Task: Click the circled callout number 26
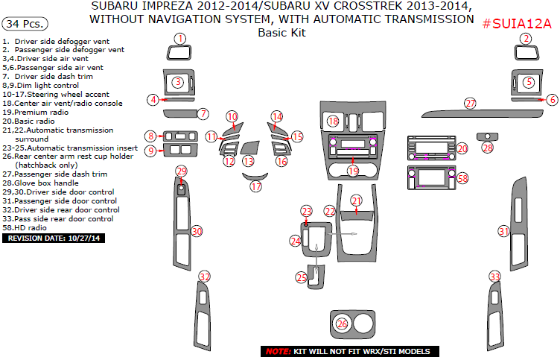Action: coord(342,323)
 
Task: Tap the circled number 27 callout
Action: coord(470,103)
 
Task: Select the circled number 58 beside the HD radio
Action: coord(462,179)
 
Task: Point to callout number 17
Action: coord(256,187)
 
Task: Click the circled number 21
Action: coord(357,200)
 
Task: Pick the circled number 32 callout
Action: coord(203,277)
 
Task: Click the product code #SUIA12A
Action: coord(517,23)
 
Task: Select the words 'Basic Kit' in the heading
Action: coord(281,33)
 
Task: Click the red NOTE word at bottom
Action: coord(278,351)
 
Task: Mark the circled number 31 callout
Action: coord(504,232)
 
